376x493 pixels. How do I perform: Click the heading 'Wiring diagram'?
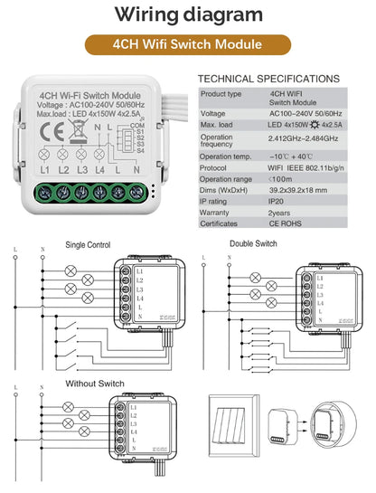189,14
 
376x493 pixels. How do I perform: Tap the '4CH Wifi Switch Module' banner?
188,43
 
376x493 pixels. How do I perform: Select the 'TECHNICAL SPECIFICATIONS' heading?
268,80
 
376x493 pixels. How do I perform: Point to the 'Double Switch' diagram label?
254,244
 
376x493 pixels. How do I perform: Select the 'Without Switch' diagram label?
94,384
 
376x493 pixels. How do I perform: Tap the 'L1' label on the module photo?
43,170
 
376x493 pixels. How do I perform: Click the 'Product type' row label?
221,93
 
